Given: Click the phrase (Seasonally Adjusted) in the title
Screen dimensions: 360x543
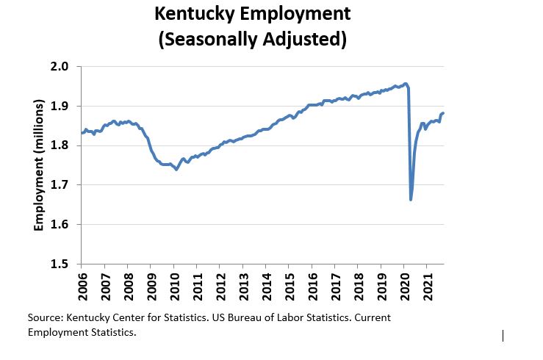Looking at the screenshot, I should click(x=252, y=37).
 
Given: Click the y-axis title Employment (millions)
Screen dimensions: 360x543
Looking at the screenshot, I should click(x=40, y=165).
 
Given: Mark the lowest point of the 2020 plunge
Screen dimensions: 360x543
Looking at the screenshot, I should click(x=411, y=199).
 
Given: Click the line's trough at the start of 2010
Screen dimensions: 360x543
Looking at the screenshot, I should click(x=176, y=169).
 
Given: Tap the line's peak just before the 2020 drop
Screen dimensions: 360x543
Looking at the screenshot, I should click(x=406, y=84).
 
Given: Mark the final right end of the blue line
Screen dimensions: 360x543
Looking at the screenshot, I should click(x=444, y=112).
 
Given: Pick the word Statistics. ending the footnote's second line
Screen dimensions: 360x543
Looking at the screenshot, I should click(x=113, y=333).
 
